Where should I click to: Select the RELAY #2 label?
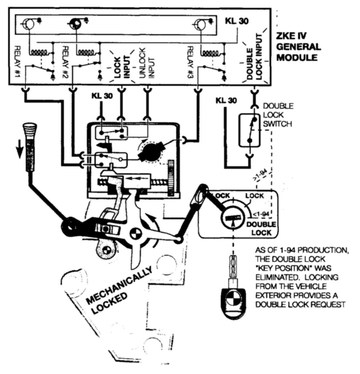[x=65, y=61]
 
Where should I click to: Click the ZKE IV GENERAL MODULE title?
[x=298, y=47]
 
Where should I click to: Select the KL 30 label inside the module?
[x=236, y=21]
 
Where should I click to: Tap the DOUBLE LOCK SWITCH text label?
[x=278, y=115]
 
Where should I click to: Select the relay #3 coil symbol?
[x=210, y=52]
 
